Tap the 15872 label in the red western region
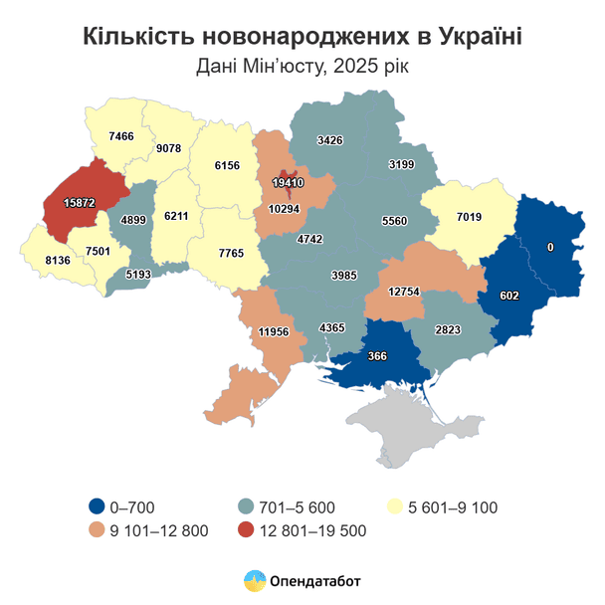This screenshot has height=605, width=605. click(x=79, y=202)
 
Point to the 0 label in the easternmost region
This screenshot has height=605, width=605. click(x=550, y=246)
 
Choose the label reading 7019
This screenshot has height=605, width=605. click(x=470, y=216)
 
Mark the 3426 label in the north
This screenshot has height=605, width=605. click(x=330, y=140)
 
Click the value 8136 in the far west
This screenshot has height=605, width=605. click(x=50, y=262)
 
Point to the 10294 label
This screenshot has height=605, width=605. click(x=285, y=208)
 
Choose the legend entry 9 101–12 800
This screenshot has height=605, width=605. click(x=159, y=530)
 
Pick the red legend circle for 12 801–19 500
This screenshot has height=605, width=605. click(x=246, y=530)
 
